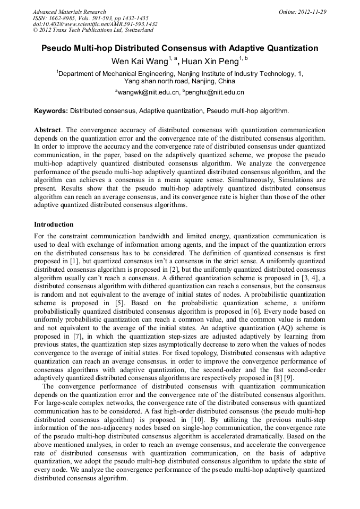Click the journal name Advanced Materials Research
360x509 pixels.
point(69,12)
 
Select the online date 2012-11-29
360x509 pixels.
point(312,12)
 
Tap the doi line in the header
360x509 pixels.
point(95,24)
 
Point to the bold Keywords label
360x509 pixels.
point(51,111)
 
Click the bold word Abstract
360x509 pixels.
point(47,130)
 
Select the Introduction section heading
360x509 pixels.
point(54,225)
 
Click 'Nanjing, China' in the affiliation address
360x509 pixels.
point(212,81)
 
